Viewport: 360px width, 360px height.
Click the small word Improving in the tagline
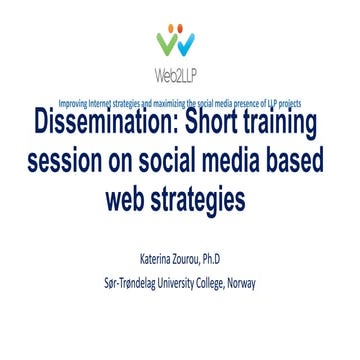[x=71, y=104]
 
